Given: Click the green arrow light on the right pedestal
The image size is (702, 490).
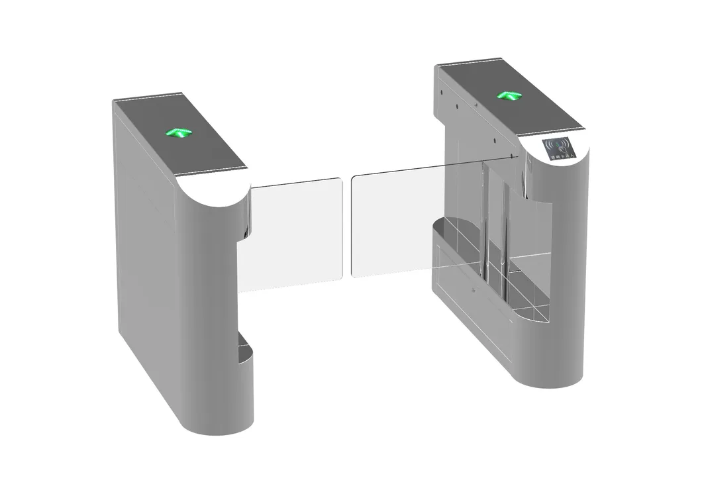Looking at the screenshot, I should point(510,96).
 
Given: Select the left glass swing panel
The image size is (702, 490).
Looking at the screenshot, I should point(297,234).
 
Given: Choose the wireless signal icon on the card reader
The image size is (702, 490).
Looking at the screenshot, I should point(560,144).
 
